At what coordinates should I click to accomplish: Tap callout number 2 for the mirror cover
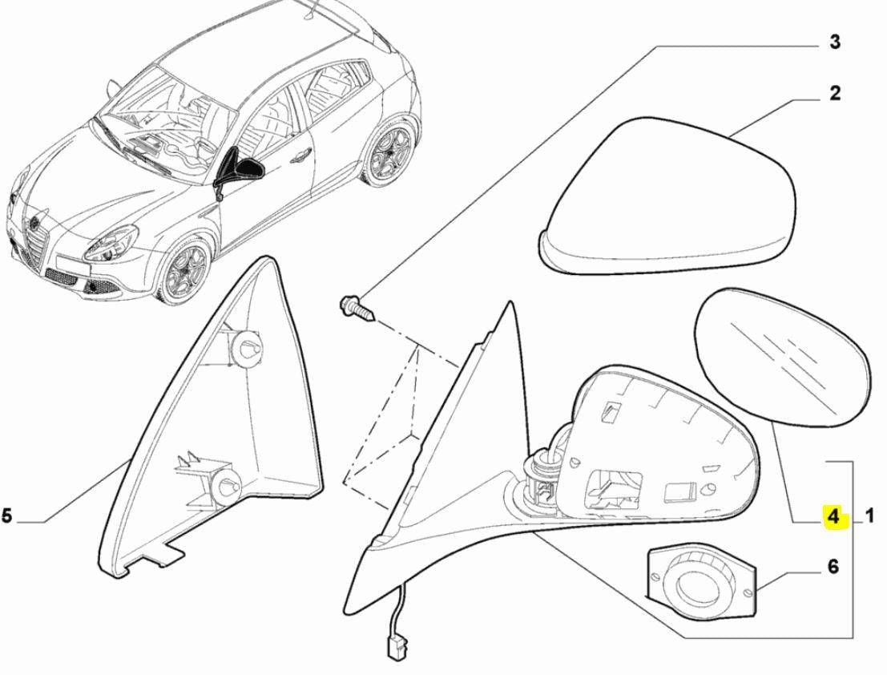click(x=835, y=93)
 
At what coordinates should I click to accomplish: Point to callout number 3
click(x=835, y=42)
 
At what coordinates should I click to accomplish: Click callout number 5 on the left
click(x=6, y=516)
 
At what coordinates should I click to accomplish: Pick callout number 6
click(x=833, y=566)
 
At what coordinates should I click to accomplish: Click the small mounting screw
click(x=357, y=309)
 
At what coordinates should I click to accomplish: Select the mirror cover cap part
click(x=667, y=196)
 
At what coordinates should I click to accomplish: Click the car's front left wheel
click(x=186, y=270)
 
